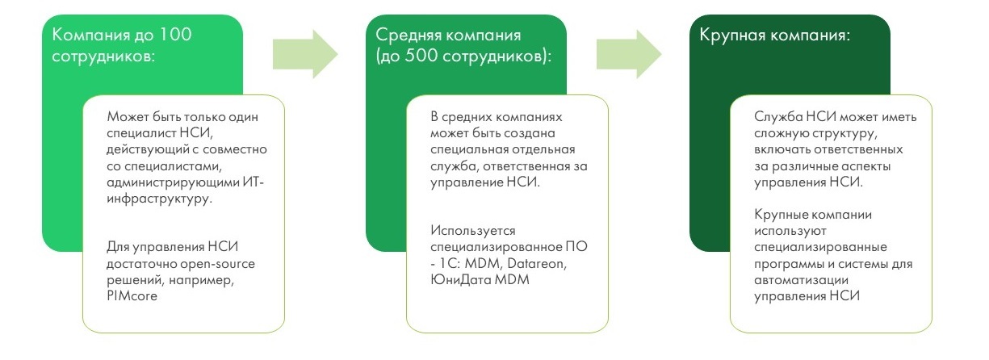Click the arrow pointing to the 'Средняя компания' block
[304, 54]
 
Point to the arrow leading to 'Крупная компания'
[628, 54]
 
